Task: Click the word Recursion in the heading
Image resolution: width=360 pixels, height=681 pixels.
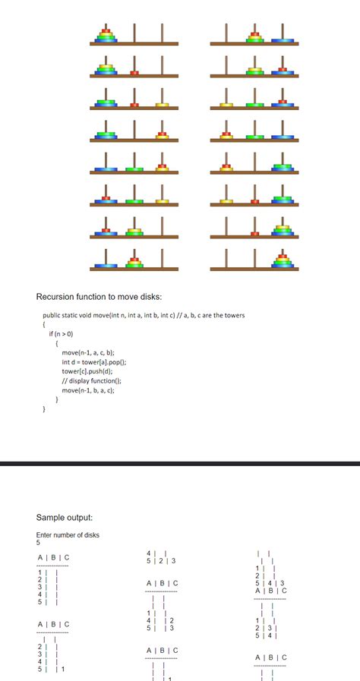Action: point(58,296)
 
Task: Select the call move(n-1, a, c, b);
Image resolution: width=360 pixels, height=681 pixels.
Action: point(87,353)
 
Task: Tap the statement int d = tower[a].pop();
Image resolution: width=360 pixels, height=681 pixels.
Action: point(93,362)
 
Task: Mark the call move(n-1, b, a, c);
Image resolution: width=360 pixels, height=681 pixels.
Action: point(87,389)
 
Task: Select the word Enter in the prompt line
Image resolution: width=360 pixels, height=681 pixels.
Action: point(45,535)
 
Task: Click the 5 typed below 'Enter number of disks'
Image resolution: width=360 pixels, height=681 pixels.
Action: point(38,543)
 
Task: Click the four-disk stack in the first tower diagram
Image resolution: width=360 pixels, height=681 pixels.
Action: point(106,36)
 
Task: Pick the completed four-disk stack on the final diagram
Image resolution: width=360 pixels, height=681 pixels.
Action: point(283,261)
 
